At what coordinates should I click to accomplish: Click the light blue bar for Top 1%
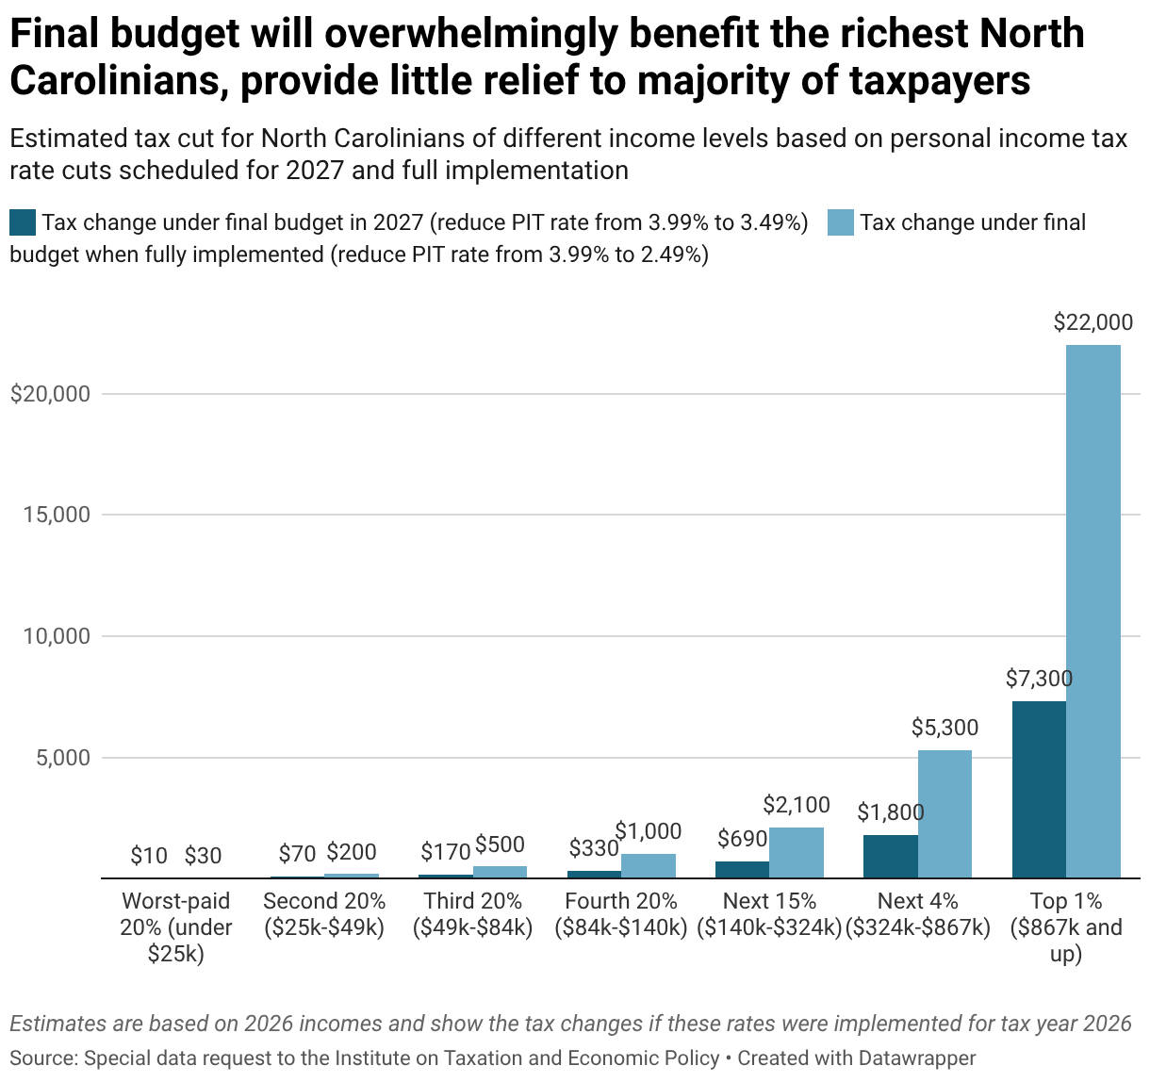(x=1093, y=611)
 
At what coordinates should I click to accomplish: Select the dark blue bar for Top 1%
(x=1039, y=790)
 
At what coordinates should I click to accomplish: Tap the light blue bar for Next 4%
(x=945, y=813)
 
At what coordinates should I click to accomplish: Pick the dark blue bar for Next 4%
(x=891, y=856)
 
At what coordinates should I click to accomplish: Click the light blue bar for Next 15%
(x=797, y=853)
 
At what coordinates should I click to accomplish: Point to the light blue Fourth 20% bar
(x=648, y=866)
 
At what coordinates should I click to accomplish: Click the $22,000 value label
(x=1092, y=322)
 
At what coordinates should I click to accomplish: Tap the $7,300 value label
(x=1039, y=679)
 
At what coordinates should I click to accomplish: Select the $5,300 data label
(x=945, y=728)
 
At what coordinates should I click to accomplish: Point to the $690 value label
(x=743, y=838)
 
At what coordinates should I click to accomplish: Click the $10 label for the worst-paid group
(x=149, y=856)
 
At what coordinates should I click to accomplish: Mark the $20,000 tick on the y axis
(x=51, y=394)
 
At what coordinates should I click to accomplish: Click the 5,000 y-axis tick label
(x=63, y=758)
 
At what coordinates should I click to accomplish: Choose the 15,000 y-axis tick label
(x=57, y=515)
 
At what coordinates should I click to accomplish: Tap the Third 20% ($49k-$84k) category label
(x=472, y=914)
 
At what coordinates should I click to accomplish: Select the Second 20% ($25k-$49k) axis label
(x=324, y=914)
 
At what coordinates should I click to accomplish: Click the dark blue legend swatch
(x=23, y=223)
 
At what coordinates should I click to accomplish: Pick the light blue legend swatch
(x=840, y=223)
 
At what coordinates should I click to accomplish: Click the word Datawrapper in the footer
(x=916, y=1058)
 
